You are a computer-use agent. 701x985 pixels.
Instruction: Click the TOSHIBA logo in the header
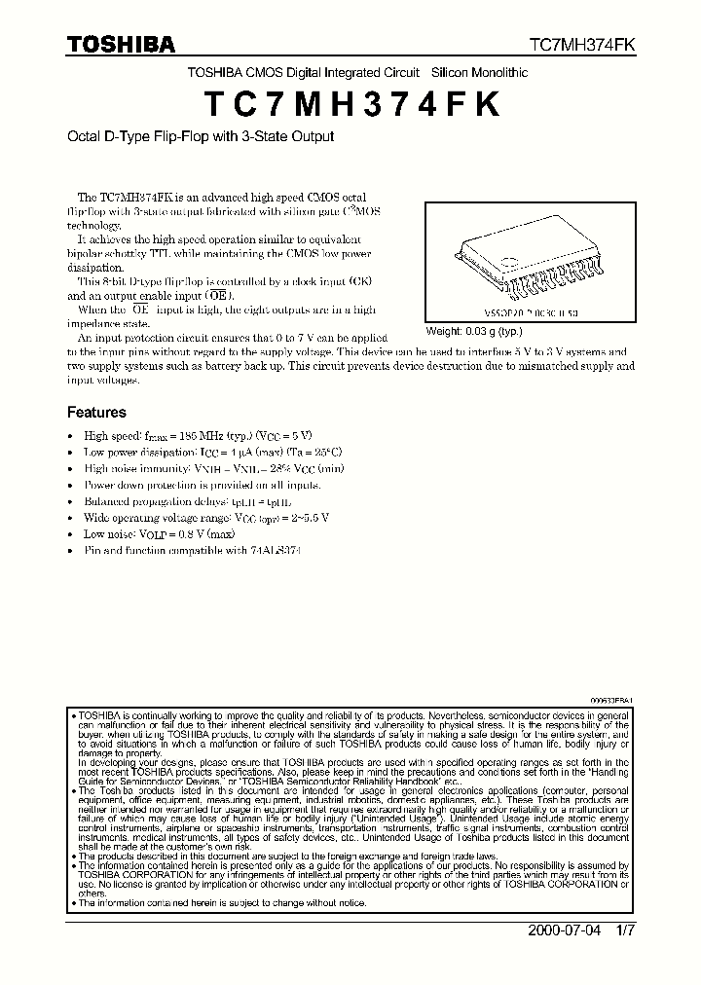click(121, 44)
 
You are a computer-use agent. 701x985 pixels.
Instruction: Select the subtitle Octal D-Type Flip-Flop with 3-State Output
click(200, 136)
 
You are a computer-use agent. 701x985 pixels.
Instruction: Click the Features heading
click(96, 412)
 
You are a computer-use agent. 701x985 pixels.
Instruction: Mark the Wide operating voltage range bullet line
click(205, 518)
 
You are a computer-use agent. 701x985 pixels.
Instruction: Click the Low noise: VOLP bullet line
click(158, 534)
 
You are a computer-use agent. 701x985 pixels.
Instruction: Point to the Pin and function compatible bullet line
click(192, 550)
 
